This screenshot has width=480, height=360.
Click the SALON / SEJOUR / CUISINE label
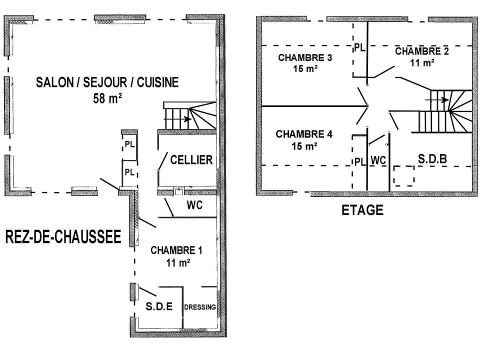(107, 82)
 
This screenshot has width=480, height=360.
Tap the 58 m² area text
(107, 98)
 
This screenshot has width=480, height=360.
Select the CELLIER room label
(191, 160)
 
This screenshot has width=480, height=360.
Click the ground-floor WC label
(194, 205)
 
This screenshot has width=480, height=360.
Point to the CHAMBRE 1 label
(176, 250)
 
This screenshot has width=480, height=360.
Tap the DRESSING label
(200, 307)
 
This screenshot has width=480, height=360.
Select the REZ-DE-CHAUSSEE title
(63, 237)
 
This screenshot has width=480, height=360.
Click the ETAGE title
(362, 210)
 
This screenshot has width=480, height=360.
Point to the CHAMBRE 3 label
(305, 57)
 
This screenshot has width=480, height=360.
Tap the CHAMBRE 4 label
(304, 134)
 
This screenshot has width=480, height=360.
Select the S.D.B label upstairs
(432, 159)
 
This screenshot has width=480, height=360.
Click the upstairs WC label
(378, 160)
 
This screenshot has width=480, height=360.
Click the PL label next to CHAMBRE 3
(360, 47)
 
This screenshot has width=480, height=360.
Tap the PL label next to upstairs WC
(359, 161)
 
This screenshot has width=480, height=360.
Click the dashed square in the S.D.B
(403, 176)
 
